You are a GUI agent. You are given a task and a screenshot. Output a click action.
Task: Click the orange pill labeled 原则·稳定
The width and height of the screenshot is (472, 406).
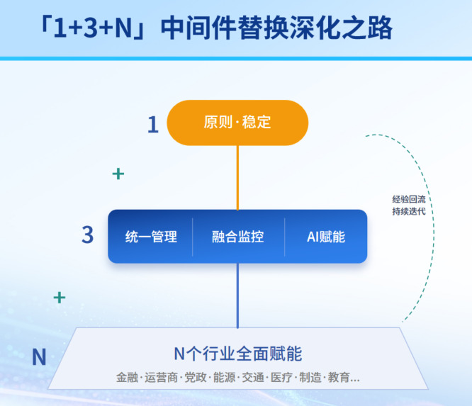(x=237, y=123)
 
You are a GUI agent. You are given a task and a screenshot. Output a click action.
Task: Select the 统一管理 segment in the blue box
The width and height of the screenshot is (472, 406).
(x=150, y=237)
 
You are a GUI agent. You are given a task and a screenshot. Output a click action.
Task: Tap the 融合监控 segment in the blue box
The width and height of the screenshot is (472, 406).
(x=238, y=237)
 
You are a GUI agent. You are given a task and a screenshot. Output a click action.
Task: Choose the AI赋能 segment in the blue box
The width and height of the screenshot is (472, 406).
(x=326, y=237)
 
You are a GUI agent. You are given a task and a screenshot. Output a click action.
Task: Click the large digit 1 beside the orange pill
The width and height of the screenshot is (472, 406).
(x=153, y=125)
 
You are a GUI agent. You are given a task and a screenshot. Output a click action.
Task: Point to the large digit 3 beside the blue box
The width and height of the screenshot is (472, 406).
(x=88, y=235)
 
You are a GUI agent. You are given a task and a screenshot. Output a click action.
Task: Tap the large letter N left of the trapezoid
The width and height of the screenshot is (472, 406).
(x=39, y=357)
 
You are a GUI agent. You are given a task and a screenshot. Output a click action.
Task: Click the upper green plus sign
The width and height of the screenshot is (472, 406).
(x=118, y=174)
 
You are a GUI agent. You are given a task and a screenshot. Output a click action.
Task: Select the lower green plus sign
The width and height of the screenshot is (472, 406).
(x=60, y=298)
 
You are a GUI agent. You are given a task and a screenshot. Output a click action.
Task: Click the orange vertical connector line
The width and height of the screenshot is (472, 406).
(x=237, y=178)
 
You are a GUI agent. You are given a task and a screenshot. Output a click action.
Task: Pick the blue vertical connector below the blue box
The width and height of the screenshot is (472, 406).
(x=237, y=295)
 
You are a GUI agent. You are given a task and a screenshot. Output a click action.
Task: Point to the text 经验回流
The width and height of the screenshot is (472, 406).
(x=409, y=199)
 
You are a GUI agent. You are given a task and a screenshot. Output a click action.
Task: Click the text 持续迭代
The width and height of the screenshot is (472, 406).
(x=409, y=212)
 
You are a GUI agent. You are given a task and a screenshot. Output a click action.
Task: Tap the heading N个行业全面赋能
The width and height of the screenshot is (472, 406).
(x=238, y=354)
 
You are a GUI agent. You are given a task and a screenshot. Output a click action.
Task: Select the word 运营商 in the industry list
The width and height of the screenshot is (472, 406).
(x=161, y=378)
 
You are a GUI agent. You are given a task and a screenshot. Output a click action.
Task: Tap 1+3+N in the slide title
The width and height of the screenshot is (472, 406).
(x=93, y=28)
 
